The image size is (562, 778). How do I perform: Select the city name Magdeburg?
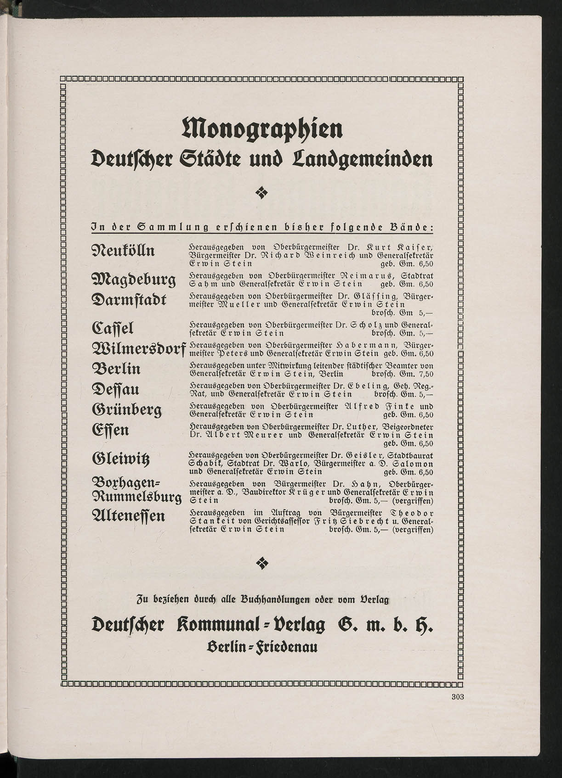pyautogui.click(x=134, y=280)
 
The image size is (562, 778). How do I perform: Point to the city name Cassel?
pyautogui.click(x=113, y=329)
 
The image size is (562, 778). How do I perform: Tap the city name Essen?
pyautogui.click(x=111, y=430)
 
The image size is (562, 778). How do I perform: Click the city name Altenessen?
pyautogui.click(x=128, y=516)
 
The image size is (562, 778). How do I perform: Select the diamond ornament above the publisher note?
pyautogui.click(x=261, y=562)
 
